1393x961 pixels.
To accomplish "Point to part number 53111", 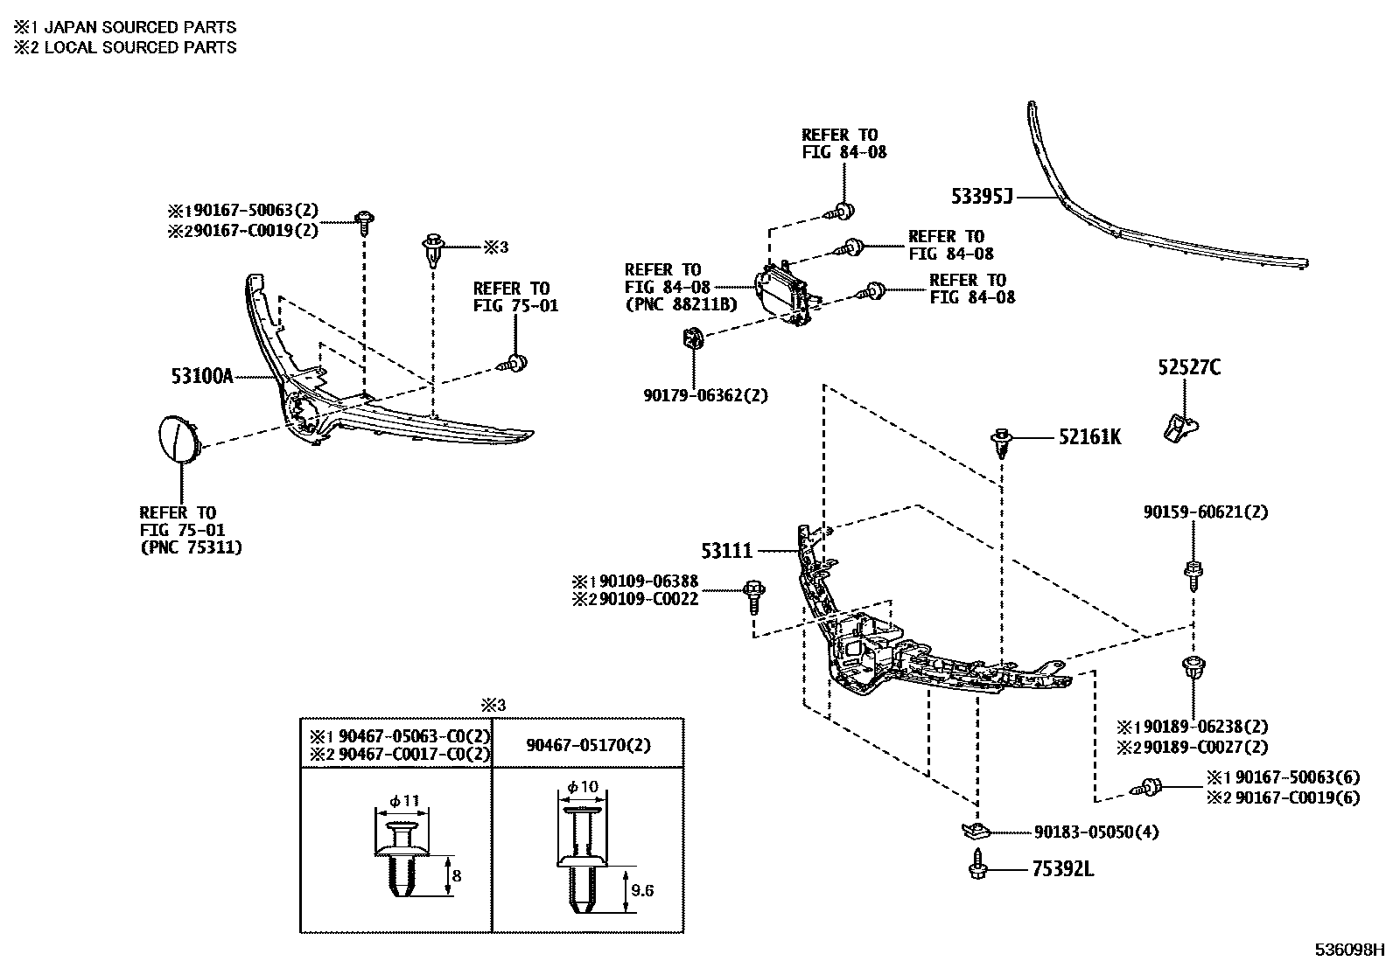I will click(726, 552).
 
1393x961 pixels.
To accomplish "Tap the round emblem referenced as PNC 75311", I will click(178, 439).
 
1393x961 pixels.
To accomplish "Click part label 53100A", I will click(202, 376).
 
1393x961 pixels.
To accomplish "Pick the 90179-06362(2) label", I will click(705, 395).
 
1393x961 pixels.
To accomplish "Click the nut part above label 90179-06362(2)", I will click(692, 337).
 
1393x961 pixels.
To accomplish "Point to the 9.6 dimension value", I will click(643, 891).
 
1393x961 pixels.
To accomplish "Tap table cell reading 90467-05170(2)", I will click(588, 745).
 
